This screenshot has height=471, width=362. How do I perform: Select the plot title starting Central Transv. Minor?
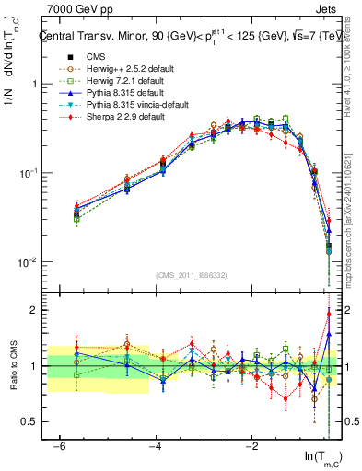189,37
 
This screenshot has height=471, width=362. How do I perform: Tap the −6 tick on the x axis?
60,446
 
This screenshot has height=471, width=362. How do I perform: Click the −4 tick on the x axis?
157,446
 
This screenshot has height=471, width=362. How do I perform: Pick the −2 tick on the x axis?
253,446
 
